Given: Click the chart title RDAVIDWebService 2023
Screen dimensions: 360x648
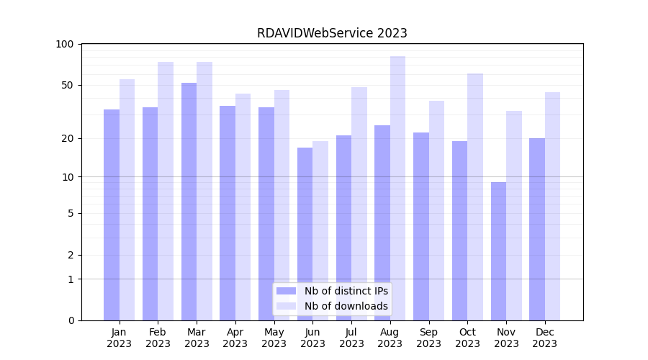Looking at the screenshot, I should [332, 33].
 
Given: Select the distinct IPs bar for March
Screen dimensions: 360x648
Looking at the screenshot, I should [189, 202].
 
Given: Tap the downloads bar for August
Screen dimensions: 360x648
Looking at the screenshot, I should [397, 188].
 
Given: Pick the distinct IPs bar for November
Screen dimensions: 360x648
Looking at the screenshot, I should [498, 251].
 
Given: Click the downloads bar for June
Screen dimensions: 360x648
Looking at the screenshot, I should [320, 230].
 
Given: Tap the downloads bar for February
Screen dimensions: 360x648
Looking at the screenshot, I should [166, 191].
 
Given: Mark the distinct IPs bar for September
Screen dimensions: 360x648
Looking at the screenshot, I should [421, 226].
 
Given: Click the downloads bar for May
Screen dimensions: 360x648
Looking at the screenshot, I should [282, 205].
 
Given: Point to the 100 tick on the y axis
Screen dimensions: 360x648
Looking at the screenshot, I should [65, 44].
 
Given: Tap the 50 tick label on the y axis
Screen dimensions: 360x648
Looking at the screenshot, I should [68, 85].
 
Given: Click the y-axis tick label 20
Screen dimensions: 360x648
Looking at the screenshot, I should [68, 138].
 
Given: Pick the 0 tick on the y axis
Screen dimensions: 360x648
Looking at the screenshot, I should [71, 320].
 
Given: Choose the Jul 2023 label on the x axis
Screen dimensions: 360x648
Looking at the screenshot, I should [351, 338].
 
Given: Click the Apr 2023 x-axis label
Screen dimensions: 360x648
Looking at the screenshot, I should [235, 338].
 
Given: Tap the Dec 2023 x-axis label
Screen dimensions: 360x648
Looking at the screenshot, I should [544, 338].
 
